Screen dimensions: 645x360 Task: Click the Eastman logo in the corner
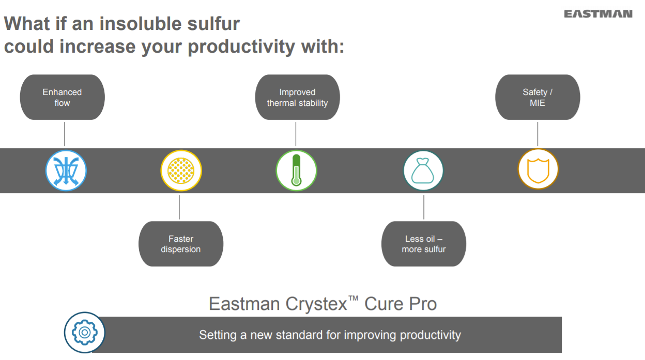pyautogui.click(x=598, y=14)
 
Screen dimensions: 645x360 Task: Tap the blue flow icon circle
pyautogui.click(x=66, y=170)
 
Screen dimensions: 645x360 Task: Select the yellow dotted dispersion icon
pyautogui.click(x=181, y=170)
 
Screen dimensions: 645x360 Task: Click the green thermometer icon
pyautogui.click(x=296, y=170)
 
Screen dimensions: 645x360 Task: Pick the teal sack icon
pyautogui.click(x=423, y=170)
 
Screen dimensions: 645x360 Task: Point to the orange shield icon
pyautogui.click(x=538, y=169)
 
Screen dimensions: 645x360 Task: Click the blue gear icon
pyautogui.click(x=85, y=333)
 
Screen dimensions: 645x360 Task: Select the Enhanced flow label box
pyautogui.click(x=62, y=97)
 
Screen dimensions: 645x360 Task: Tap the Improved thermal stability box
pyautogui.click(x=298, y=97)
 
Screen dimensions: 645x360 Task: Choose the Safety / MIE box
pyautogui.click(x=537, y=97)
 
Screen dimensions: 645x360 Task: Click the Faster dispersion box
pyautogui.click(x=181, y=244)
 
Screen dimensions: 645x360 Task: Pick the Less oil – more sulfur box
pyautogui.click(x=424, y=244)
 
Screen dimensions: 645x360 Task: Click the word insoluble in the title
pyautogui.click(x=140, y=24)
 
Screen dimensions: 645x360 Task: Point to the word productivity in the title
pyautogui.click(x=241, y=47)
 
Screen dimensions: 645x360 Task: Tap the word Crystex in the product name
pyautogui.click(x=316, y=304)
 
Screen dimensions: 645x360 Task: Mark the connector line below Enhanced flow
pyautogui.click(x=65, y=134)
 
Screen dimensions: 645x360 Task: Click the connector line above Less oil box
pyautogui.click(x=424, y=207)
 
